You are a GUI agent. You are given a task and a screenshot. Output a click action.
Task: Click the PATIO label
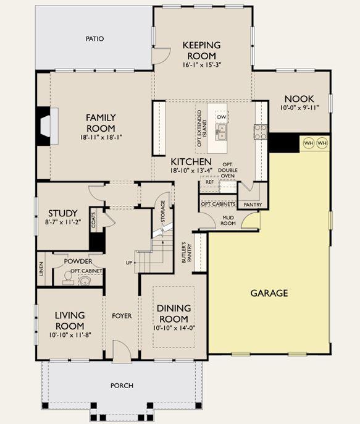pyautogui.click(x=95, y=39)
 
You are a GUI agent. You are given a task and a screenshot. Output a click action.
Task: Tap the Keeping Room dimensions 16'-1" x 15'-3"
pyautogui.click(x=202, y=65)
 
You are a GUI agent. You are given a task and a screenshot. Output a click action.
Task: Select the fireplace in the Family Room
pyautogui.click(x=48, y=126)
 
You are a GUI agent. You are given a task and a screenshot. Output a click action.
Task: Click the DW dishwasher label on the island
pyautogui.click(x=222, y=117)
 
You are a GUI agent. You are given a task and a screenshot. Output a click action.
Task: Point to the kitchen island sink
pyautogui.click(x=221, y=132)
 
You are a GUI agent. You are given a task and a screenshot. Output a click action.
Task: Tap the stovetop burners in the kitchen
pyautogui.click(x=261, y=132)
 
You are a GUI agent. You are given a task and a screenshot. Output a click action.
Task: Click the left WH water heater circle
pyautogui.click(x=309, y=143)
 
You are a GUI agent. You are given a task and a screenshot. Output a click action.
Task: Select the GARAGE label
pyautogui.click(x=269, y=293)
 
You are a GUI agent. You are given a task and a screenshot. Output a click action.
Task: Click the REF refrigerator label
pyautogui.click(x=209, y=182)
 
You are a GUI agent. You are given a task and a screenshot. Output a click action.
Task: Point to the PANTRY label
pyautogui.click(x=253, y=205)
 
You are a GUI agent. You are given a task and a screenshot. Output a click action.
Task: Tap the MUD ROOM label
pyautogui.click(x=228, y=221)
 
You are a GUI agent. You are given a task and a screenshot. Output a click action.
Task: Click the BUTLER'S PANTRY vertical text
pyautogui.click(x=186, y=253)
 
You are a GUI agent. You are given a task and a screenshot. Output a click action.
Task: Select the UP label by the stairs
pyautogui.click(x=129, y=263)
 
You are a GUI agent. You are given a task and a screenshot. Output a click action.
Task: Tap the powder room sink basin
pyautogui.click(x=86, y=281)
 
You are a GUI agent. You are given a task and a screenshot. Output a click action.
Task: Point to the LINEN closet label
pyautogui.click(x=41, y=269)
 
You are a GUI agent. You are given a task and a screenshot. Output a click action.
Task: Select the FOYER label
pyautogui.click(x=122, y=316)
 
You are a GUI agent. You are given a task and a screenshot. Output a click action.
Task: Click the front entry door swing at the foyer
pyautogui.click(x=122, y=350)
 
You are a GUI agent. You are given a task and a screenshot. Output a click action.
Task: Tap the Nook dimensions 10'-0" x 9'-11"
pyautogui.click(x=299, y=108)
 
